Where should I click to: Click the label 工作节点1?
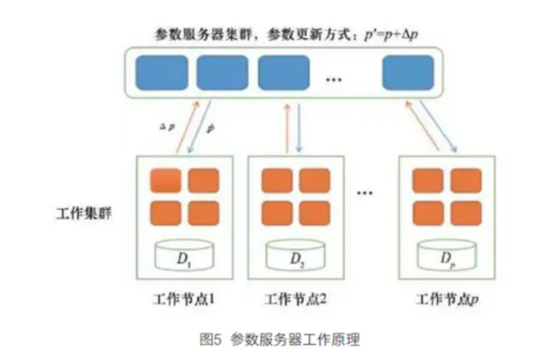[183, 298]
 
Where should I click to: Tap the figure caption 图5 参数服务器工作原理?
[267, 336]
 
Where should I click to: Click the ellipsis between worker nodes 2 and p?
[365, 193]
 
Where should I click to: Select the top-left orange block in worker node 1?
[164, 181]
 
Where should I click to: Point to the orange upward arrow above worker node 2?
[286, 129]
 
